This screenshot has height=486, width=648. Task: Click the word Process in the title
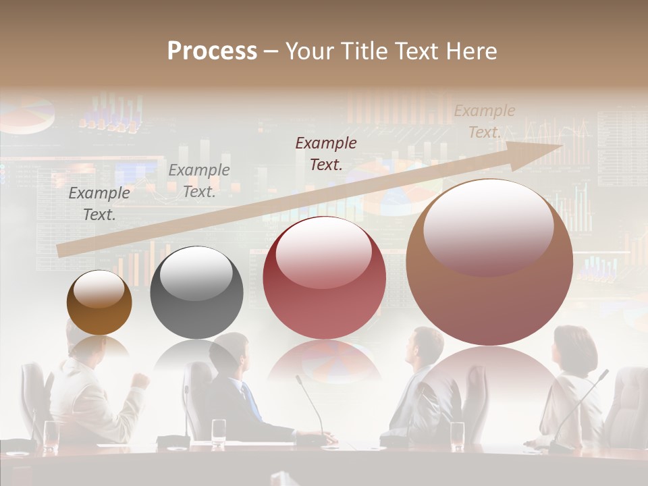212,51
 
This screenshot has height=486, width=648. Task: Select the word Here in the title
471,51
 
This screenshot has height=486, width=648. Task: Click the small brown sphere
99,303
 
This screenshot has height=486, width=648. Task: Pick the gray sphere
196,292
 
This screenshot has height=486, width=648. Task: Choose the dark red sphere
324,277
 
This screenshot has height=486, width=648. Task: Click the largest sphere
489,263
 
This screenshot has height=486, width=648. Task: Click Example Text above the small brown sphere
99,204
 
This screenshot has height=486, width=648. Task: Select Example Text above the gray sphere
198,181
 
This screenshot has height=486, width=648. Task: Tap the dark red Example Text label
326,153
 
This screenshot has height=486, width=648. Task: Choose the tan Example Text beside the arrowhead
484,122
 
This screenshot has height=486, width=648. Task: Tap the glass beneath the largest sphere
458,435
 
